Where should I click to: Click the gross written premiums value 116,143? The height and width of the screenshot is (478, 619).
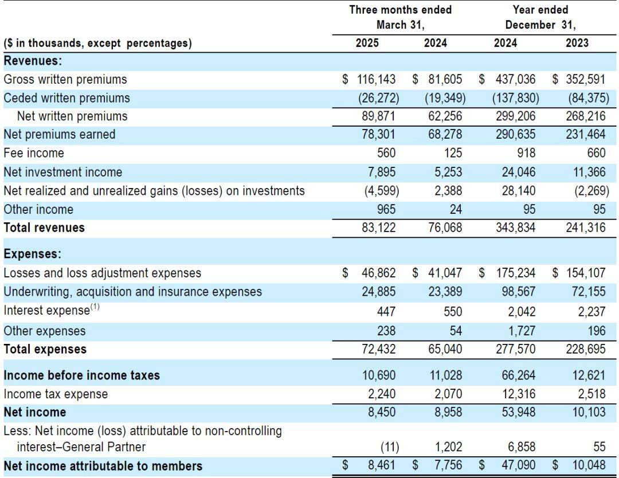coord(376,79)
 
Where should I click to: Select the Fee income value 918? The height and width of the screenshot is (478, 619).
coord(526,153)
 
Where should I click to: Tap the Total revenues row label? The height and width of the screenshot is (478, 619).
coord(44,228)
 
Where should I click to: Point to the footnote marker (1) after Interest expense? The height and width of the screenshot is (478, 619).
coord(95,307)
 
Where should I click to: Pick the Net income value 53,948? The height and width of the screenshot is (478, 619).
coord(518,412)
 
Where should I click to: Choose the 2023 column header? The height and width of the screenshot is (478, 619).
coord(577,42)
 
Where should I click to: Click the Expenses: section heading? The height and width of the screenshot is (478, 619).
coord(33,254)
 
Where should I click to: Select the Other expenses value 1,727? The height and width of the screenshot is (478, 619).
coord(522,331)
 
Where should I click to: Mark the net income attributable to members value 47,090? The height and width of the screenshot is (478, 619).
coord(518,465)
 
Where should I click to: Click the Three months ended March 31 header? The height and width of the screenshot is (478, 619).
coord(400,17)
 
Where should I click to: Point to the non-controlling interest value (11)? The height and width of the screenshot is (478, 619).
coord(390,447)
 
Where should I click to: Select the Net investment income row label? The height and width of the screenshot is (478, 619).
coord(63,172)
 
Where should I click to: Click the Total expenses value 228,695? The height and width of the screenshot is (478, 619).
coord(585,349)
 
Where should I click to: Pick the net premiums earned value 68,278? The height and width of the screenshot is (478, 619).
coord(445,134)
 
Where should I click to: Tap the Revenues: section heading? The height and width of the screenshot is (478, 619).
coord(33,61)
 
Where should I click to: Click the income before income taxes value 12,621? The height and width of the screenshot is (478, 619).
coord(589,375)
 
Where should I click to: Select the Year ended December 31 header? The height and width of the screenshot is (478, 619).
coord(540,17)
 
